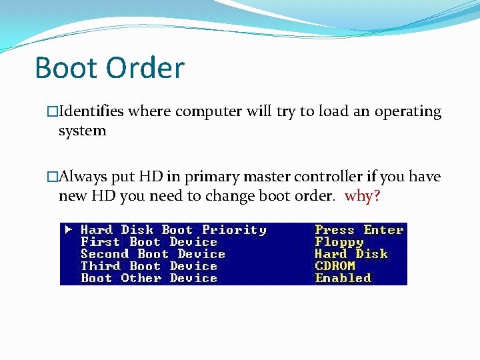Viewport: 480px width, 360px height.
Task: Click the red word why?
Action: [362, 197]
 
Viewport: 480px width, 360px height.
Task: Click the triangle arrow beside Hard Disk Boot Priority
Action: [69, 230]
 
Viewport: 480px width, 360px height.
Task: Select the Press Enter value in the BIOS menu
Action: [359, 230]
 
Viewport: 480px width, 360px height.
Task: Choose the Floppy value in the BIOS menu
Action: [339, 242]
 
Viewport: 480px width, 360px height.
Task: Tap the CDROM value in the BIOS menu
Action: [335, 266]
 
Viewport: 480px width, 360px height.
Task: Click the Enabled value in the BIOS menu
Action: [343, 278]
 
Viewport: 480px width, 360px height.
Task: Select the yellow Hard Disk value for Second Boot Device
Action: [351, 254]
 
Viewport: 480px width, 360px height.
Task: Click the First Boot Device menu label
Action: [149, 242]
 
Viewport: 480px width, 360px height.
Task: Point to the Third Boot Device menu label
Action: [149, 266]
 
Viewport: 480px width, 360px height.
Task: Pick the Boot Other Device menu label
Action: [149, 278]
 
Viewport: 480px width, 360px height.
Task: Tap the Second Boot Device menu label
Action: [153, 254]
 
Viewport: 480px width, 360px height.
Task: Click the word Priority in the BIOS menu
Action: [234, 230]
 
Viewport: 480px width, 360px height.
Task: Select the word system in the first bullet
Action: [82, 131]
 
